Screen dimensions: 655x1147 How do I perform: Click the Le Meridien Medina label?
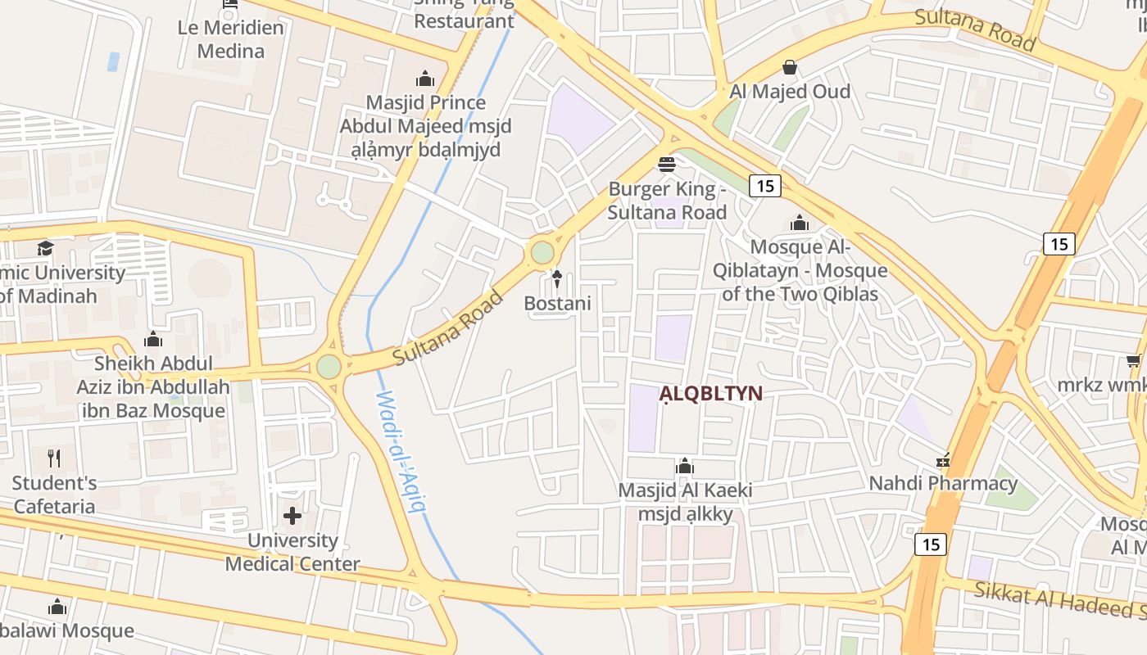pos(231,39)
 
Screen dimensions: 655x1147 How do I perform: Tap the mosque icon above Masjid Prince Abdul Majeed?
pos(425,79)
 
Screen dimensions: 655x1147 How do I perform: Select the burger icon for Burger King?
pos(667,165)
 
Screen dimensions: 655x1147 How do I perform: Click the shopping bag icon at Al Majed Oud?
pos(790,67)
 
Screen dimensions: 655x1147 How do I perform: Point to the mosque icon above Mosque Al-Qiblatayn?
pos(799,223)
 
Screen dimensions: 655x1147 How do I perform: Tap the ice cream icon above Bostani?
pos(557,279)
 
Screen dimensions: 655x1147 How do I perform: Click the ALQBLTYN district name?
pos(710,394)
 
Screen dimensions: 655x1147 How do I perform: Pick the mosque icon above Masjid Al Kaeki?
pos(685,468)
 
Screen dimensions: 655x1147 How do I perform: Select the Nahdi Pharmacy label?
pos(943,483)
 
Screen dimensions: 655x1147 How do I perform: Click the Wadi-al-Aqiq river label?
pos(401,450)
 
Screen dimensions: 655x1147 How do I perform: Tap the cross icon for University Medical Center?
pos(292,516)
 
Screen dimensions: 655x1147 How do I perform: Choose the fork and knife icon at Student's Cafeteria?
pos(54,458)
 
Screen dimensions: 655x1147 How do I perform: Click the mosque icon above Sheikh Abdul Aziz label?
pos(153,340)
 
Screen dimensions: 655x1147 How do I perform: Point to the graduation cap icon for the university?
pos(45,248)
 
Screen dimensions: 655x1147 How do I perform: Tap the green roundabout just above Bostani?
pos(542,252)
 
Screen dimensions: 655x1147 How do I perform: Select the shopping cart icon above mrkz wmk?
pos(1134,361)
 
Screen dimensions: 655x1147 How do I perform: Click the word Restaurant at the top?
pos(464,20)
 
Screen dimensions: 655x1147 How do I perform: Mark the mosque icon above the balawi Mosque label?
pos(57,608)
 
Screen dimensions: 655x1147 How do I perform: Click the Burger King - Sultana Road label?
pos(667,201)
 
